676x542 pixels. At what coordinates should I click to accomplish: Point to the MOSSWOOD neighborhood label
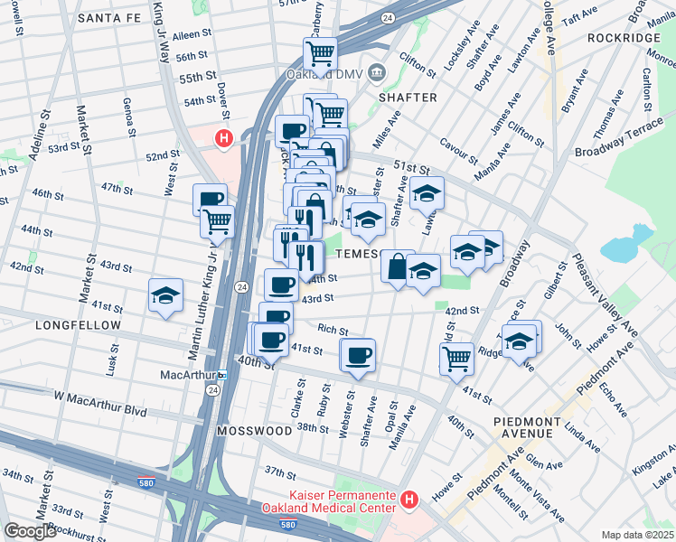[x=249, y=431]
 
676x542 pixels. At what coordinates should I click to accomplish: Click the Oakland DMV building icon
[x=378, y=72]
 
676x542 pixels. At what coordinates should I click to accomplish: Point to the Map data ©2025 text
[x=638, y=534]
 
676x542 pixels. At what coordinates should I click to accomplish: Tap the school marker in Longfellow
[x=165, y=295]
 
